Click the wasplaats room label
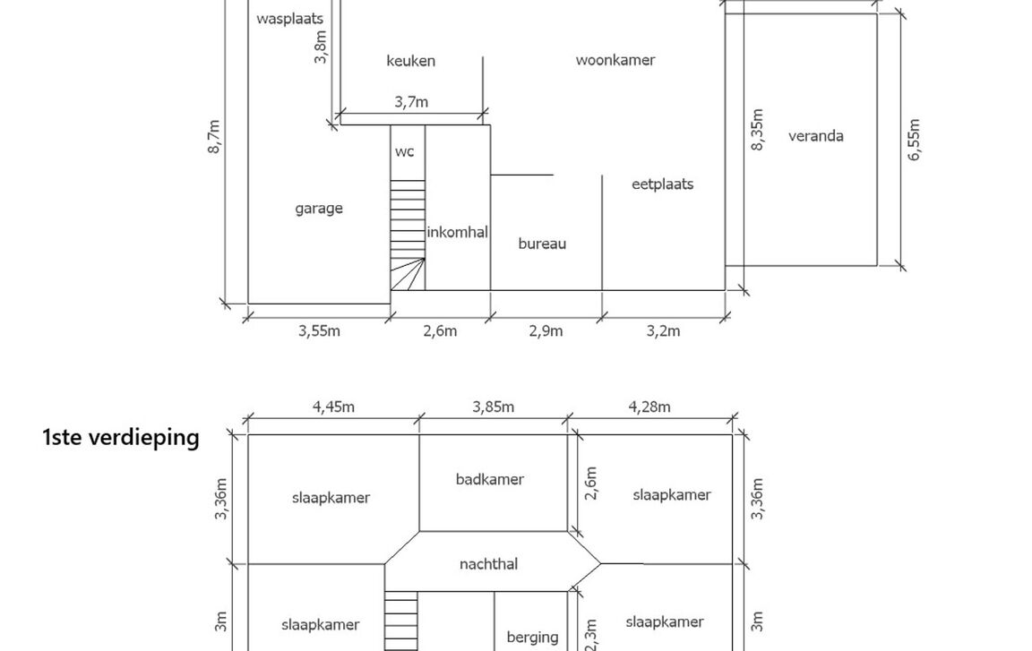pyautogui.click(x=289, y=18)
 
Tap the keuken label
pyautogui.click(x=410, y=61)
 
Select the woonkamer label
pyautogui.click(x=615, y=60)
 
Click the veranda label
pyautogui.click(x=815, y=136)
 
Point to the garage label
pyautogui.click(x=319, y=209)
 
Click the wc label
pyautogui.click(x=405, y=152)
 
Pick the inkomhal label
pyautogui.click(x=457, y=232)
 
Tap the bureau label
pyautogui.click(x=542, y=244)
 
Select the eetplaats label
pyautogui.click(x=662, y=184)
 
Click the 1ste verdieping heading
pyautogui.click(x=121, y=438)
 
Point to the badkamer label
pyautogui.click(x=490, y=479)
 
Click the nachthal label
pyautogui.click(x=488, y=564)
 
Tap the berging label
pyautogui.click(x=532, y=638)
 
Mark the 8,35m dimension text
pyautogui.click(x=758, y=130)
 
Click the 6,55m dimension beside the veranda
pyautogui.click(x=914, y=140)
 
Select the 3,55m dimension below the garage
pyautogui.click(x=319, y=331)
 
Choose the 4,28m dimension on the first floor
pyautogui.click(x=649, y=407)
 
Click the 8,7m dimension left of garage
pyautogui.click(x=214, y=136)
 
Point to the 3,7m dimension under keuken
pyautogui.click(x=411, y=102)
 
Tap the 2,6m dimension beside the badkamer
pyautogui.click(x=590, y=483)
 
